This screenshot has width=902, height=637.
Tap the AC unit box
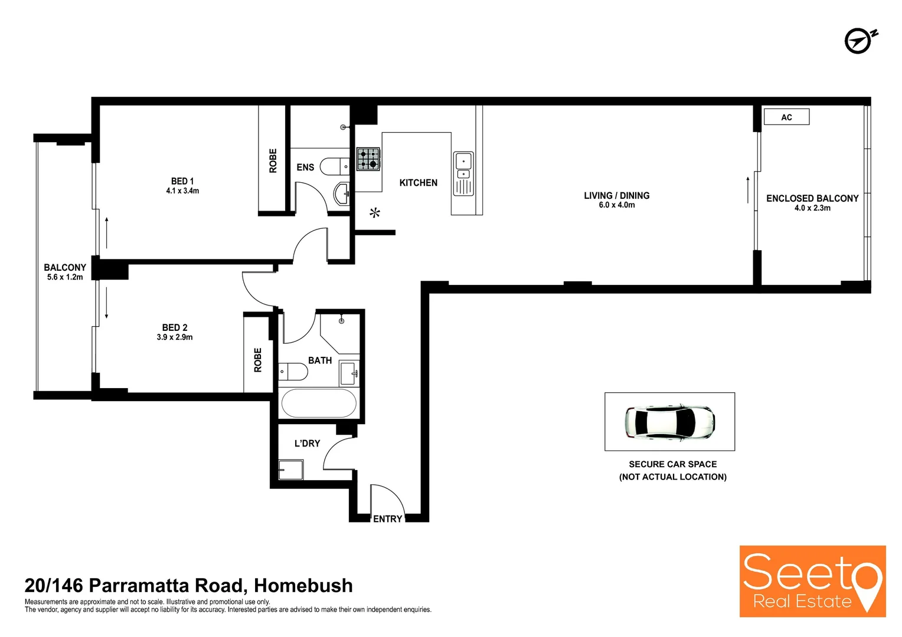(786, 117)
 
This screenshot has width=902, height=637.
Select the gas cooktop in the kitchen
(368, 159)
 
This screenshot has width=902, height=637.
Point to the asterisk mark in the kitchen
(375, 213)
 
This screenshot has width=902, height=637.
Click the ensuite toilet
(334, 167)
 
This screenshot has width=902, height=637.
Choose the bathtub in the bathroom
(319, 404)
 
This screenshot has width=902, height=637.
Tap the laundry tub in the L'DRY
(291, 469)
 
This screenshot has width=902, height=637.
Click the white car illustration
(670, 422)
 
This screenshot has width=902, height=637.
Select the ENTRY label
(387, 519)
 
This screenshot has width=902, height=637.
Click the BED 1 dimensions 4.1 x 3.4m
(182, 191)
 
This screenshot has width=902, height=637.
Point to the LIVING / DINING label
(616, 195)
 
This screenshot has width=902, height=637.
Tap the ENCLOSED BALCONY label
(812, 199)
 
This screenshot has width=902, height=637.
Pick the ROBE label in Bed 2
(258, 360)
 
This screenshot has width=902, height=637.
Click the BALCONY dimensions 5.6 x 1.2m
(65, 277)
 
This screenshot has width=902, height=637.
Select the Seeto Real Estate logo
(812, 582)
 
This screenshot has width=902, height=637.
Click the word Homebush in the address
(303, 586)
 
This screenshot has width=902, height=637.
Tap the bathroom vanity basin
(348, 372)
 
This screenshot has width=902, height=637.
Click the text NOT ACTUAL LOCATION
(672, 477)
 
